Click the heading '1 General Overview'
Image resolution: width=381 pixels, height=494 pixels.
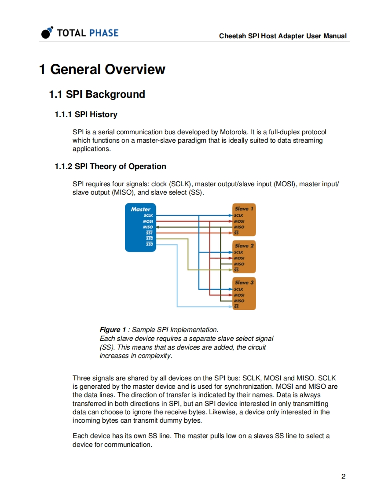click(x=102, y=70)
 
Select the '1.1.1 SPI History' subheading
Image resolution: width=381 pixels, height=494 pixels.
click(x=86, y=114)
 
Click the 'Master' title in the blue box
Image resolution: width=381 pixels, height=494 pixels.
click(x=140, y=209)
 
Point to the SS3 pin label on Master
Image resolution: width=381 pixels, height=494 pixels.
click(x=149, y=243)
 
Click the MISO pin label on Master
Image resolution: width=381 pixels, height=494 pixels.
click(x=148, y=227)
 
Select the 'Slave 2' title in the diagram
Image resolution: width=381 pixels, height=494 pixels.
click(x=244, y=246)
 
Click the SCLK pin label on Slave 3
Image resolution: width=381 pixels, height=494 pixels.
click(x=239, y=289)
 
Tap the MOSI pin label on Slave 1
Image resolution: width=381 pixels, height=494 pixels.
click(x=239, y=221)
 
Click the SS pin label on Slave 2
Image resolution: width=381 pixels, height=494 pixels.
click(x=237, y=269)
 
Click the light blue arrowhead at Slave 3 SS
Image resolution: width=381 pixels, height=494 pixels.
click(x=231, y=306)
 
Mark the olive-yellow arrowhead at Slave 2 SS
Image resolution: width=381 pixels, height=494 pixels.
click(x=231, y=269)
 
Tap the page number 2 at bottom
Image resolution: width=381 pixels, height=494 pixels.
click(x=343, y=476)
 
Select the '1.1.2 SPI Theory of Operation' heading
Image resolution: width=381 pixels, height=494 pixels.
click(x=110, y=166)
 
